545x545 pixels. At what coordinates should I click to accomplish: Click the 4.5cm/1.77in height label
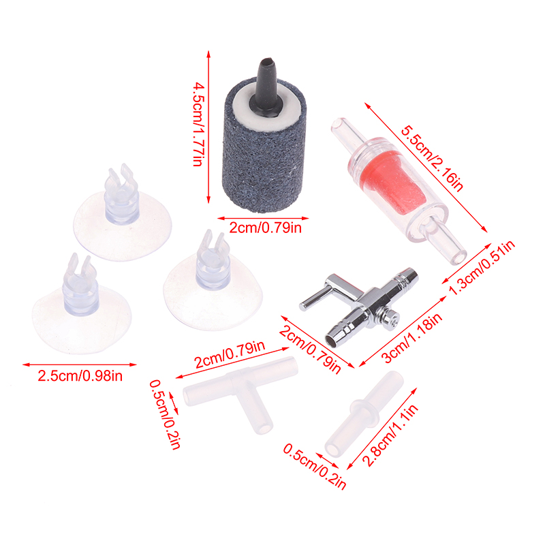click(x=198, y=125)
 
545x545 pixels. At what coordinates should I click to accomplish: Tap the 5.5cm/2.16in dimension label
click(x=433, y=159)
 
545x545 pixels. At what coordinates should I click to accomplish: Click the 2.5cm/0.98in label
click(x=80, y=376)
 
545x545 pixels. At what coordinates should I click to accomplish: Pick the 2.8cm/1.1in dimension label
click(x=390, y=435)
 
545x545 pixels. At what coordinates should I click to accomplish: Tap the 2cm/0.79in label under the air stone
click(x=265, y=228)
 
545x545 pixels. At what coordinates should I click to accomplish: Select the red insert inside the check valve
click(x=386, y=181)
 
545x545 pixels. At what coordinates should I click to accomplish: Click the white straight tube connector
click(x=364, y=416)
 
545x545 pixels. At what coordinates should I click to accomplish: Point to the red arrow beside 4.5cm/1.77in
click(x=208, y=127)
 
